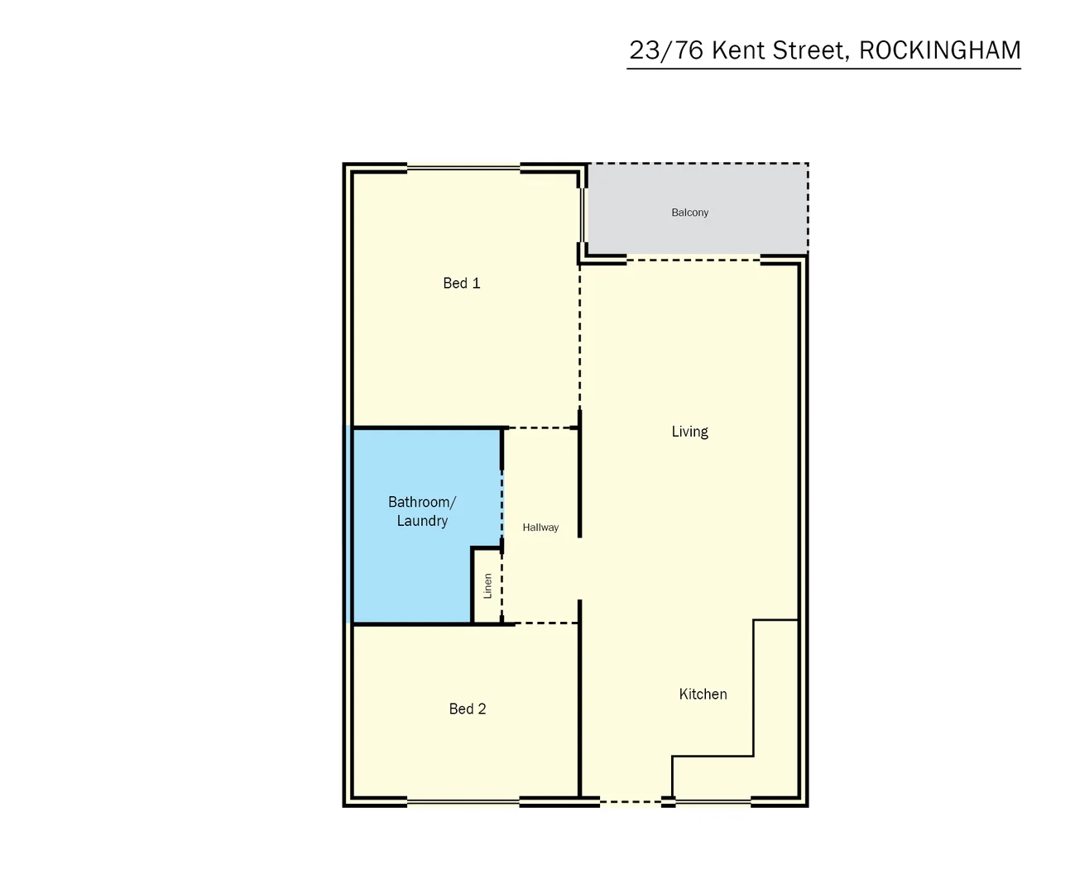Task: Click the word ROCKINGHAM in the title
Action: (x=939, y=50)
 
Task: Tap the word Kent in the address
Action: (x=738, y=50)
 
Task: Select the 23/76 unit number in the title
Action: (x=666, y=50)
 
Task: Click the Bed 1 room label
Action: (x=461, y=283)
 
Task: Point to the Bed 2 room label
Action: (x=467, y=709)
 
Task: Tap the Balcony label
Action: (x=689, y=213)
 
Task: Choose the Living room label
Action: (x=689, y=431)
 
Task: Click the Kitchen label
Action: (x=703, y=694)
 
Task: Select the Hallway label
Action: (x=540, y=528)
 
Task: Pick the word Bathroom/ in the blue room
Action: (x=421, y=502)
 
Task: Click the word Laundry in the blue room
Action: (x=422, y=521)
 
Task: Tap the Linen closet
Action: (x=487, y=586)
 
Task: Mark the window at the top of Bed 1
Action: (x=463, y=169)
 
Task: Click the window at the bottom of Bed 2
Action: (x=463, y=801)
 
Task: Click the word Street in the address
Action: (x=809, y=50)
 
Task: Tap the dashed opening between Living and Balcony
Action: (x=693, y=260)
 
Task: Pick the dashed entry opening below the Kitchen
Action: (x=630, y=801)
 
